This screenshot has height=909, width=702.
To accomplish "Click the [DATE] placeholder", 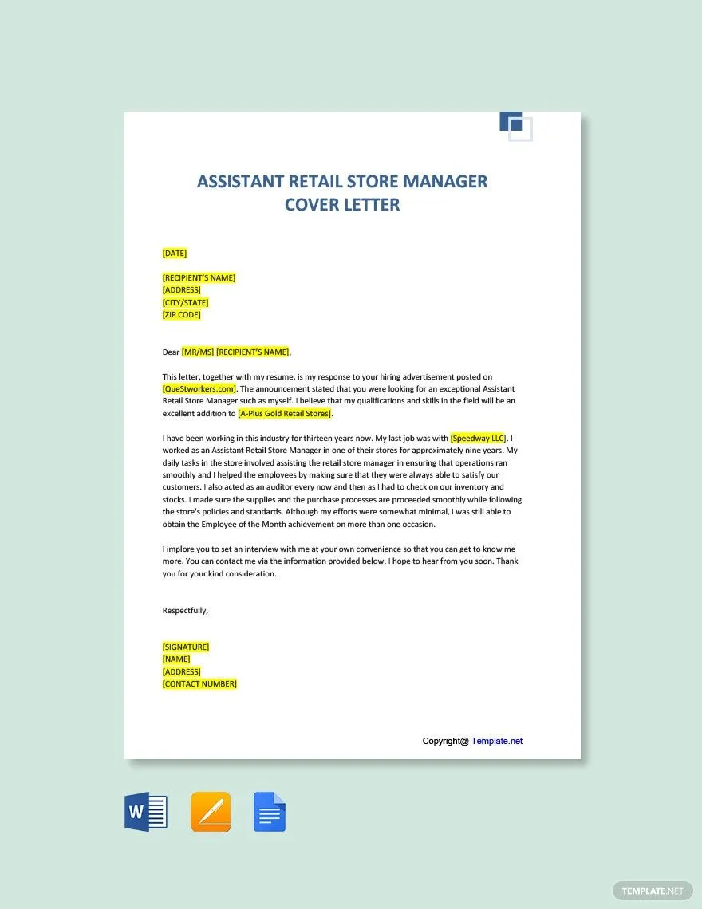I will pyautogui.click(x=175, y=254).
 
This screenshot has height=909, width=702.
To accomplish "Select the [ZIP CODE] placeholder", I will pyautogui.click(x=182, y=315).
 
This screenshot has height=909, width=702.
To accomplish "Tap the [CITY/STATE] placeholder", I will pyautogui.click(x=185, y=303).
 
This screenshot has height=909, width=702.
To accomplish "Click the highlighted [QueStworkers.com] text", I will pyautogui.click(x=199, y=389).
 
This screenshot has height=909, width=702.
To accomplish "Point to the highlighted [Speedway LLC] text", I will pyautogui.click(x=479, y=439).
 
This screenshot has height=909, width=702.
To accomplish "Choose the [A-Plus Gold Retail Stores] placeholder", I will pyautogui.click(x=285, y=414).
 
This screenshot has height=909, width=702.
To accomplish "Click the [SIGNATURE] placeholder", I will pyautogui.click(x=186, y=647).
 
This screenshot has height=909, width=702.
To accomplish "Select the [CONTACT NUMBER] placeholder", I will pyautogui.click(x=199, y=684).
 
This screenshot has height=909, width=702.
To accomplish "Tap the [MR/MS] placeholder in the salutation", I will pyautogui.click(x=198, y=352).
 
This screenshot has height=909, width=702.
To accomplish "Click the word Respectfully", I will pyautogui.click(x=185, y=611).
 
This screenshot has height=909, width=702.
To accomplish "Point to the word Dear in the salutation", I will pyautogui.click(x=171, y=352).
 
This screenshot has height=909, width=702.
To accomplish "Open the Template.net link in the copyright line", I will pyautogui.click(x=497, y=742).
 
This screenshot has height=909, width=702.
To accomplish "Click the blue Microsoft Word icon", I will pyautogui.click(x=146, y=813).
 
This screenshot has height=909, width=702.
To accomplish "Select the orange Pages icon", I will pyautogui.click(x=211, y=813).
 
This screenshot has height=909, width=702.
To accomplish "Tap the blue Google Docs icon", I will pyautogui.click(x=270, y=813).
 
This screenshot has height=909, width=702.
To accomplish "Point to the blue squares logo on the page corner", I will pyautogui.click(x=515, y=126).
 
